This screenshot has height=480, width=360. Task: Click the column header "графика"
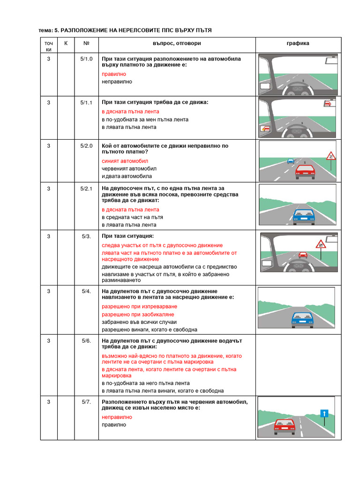[x=298, y=44]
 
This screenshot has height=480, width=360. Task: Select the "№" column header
[x=86, y=44]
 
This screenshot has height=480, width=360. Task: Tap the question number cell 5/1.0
[x=86, y=59]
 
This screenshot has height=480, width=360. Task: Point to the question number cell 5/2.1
[x=86, y=189]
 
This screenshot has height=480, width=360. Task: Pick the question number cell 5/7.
[x=86, y=402]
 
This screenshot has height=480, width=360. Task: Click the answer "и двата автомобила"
[x=127, y=176]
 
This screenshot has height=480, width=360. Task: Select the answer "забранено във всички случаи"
[x=139, y=322]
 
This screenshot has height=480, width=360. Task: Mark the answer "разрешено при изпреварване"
[x=140, y=307]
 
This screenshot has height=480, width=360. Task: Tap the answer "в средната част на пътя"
[x=132, y=217]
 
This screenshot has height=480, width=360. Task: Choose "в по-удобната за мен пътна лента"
[x=145, y=120]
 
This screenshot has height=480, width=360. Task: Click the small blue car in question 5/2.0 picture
[x=290, y=161]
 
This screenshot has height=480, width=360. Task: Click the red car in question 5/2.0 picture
[x=305, y=172]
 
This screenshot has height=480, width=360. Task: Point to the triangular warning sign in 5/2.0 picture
[x=330, y=155]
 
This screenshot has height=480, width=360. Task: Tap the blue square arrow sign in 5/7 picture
[x=323, y=413]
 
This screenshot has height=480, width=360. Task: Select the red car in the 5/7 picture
[x=284, y=426]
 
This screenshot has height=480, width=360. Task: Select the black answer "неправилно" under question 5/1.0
[x=117, y=82]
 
